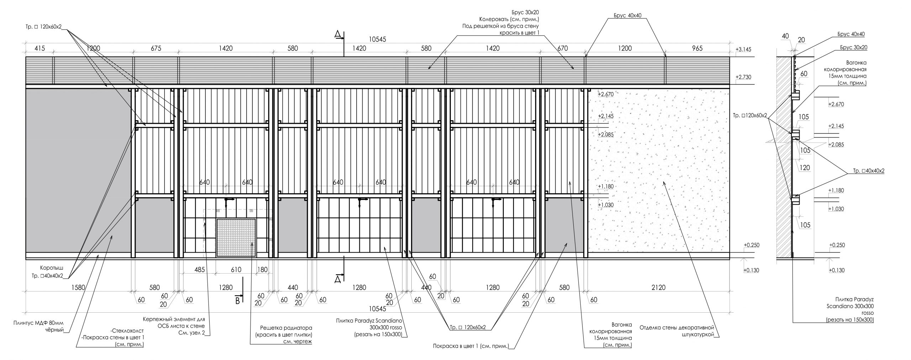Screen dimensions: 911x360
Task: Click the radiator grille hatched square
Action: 236,238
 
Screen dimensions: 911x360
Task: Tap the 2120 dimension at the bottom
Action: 658,287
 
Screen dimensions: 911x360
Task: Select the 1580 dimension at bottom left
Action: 78,287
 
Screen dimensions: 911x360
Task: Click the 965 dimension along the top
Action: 697,48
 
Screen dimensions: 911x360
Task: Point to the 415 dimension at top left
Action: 40,48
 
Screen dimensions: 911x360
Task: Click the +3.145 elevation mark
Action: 743,49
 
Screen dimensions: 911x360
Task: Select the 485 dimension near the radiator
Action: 200,270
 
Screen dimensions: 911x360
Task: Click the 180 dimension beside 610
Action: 262,270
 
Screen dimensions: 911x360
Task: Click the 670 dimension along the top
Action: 563,48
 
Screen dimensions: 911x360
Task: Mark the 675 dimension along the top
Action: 156,48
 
